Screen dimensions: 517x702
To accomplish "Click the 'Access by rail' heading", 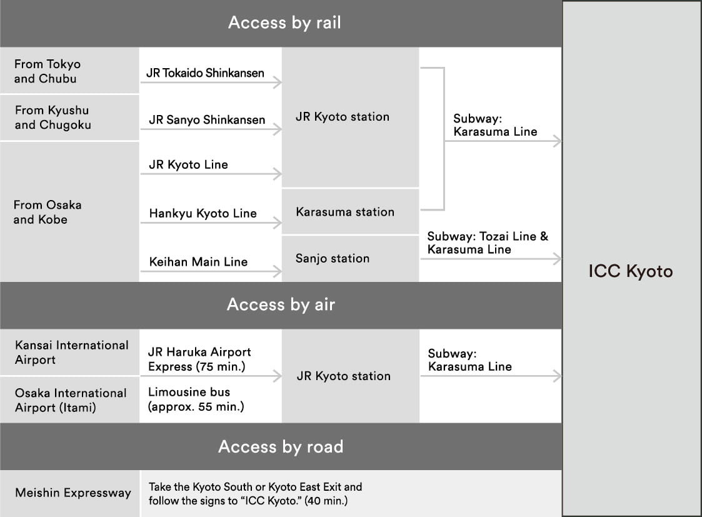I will tap(284, 23).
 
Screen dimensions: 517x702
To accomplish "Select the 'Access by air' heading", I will tap(281, 305).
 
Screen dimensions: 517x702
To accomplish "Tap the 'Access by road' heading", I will tap(281, 447).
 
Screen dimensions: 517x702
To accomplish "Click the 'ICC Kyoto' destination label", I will tap(631, 271).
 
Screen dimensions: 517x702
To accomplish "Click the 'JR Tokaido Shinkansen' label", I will tap(205, 73).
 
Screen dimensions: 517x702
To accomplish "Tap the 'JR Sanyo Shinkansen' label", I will tap(207, 119).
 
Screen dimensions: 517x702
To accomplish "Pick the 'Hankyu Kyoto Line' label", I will tap(203, 213).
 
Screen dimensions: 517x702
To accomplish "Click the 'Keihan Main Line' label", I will tap(198, 262).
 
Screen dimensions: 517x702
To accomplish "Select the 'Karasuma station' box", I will tap(345, 212).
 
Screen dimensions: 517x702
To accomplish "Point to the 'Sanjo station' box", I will tap(333, 258).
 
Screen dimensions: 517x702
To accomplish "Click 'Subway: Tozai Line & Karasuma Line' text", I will tap(488, 243).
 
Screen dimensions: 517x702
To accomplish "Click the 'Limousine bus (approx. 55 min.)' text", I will tap(196, 399).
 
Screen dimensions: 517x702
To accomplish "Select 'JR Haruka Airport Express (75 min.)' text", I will tap(199, 359).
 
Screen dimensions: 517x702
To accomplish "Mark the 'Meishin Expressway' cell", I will tap(73, 493).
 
